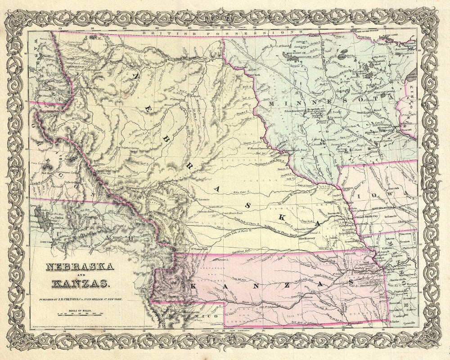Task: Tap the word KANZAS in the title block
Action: (80, 283)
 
